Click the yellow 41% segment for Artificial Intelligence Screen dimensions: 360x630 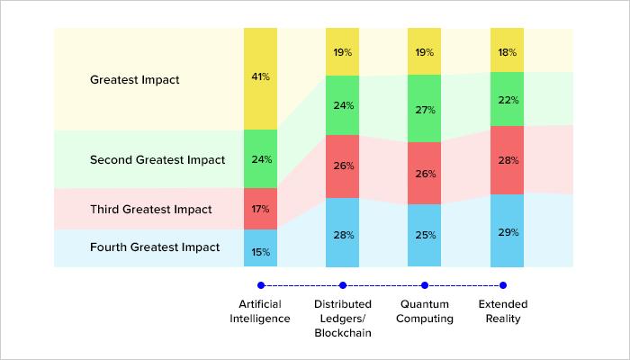260,78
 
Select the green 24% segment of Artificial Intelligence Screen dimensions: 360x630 260,159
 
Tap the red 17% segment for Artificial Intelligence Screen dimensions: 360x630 260,209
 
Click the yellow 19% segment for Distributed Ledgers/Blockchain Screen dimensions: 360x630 343,52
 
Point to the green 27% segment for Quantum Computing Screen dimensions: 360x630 425,110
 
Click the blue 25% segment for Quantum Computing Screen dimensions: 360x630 425,236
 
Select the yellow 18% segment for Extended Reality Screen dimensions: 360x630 507,52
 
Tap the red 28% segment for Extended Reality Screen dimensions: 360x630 507,159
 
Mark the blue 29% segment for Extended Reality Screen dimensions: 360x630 507,231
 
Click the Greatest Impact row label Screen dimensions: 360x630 135,79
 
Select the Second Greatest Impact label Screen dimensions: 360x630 157,160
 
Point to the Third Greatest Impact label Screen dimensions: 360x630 151,210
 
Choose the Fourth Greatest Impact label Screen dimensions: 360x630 155,247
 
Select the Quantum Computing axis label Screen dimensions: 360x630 425,310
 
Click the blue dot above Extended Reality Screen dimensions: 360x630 507,285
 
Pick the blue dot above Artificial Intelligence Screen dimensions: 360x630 261,285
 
